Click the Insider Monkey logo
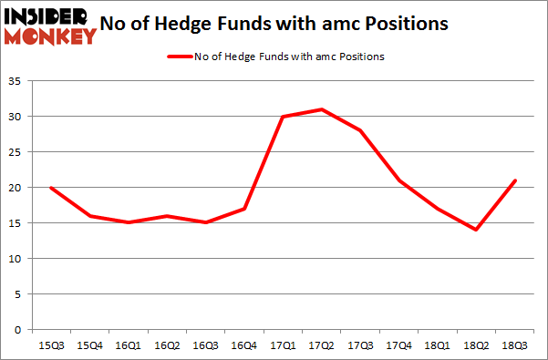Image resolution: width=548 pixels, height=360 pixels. coord(50,25)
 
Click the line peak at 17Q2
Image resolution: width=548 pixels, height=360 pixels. coord(322,109)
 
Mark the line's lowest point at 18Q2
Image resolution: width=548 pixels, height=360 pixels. coord(477,230)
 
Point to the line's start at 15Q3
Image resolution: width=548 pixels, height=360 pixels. coord(50,188)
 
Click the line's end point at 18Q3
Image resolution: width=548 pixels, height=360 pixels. coord(515,180)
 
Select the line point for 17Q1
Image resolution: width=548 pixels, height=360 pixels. coord(283,117)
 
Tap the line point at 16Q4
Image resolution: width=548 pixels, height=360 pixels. coord(244,209)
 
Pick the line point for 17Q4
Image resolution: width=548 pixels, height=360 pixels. coord(399,180)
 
